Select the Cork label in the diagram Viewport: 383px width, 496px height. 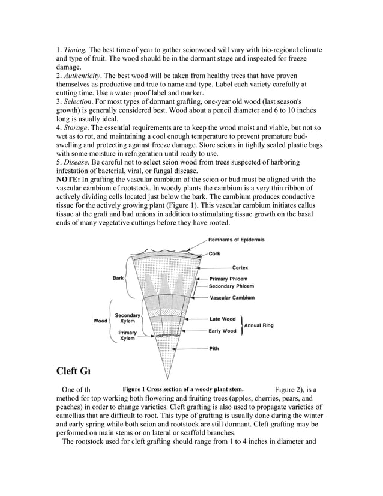214,253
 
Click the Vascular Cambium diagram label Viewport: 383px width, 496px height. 232,298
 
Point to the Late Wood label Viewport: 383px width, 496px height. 222,319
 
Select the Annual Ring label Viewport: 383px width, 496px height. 259,325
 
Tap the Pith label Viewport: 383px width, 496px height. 214,348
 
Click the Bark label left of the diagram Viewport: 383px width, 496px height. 118,278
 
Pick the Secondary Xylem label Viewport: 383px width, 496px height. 127,318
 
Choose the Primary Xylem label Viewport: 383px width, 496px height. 127,336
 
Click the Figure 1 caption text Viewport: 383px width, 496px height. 182,389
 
